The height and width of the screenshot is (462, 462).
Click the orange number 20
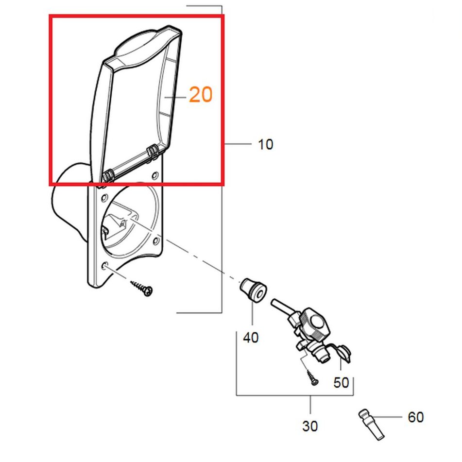pos(201,95)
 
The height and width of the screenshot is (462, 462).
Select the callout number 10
pos(265,144)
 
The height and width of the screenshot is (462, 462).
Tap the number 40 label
pos(251,337)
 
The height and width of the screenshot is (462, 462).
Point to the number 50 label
pos(341,382)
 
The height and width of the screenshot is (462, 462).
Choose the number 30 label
pos(310,426)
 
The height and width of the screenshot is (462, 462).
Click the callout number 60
pos(416,417)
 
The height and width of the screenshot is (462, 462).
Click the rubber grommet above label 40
pos(253,290)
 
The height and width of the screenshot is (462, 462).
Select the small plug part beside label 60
pos(372,425)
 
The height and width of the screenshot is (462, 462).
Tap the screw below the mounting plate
pos(141,289)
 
